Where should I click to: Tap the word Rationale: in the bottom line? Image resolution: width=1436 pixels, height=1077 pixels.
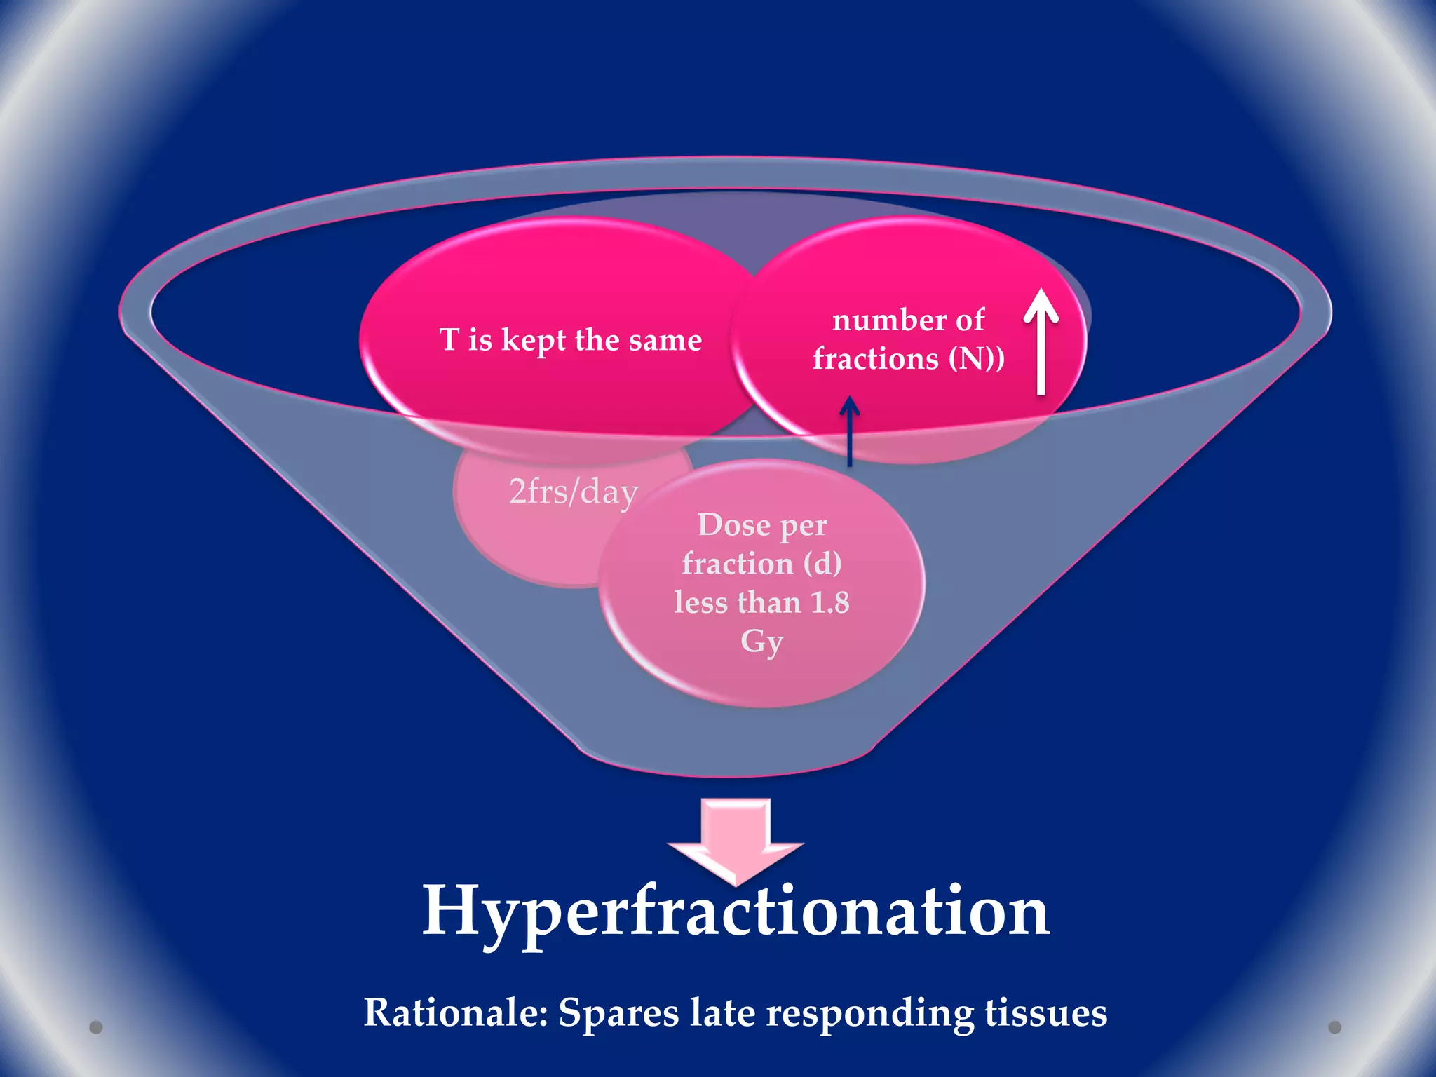pyautogui.click(x=455, y=1013)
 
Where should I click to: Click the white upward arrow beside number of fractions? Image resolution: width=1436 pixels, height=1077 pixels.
pyautogui.click(x=1041, y=340)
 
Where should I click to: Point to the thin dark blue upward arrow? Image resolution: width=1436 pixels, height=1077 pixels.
pyautogui.click(x=850, y=431)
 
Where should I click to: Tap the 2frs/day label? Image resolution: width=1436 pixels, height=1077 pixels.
pyautogui.click(x=574, y=492)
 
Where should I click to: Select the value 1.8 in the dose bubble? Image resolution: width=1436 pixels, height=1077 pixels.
pyautogui.click(x=829, y=603)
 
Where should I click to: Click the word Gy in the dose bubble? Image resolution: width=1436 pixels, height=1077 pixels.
pyautogui.click(x=761, y=641)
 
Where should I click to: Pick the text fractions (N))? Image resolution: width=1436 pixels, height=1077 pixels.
pyautogui.click(x=909, y=359)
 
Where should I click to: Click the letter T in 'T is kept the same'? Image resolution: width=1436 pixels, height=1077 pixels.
pyautogui.click(x=449, y=340)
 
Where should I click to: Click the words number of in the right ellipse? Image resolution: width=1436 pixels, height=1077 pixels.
pyautogui.click(x=908, y=320)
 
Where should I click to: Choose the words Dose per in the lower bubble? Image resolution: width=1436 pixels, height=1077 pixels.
pyautogui.click(x=762, y=525)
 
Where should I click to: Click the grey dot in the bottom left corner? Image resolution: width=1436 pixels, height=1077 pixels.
pyautogui.click(x=96, y=1027)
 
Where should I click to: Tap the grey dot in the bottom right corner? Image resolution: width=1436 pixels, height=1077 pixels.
pyautogui.click(x=1335, y=1027)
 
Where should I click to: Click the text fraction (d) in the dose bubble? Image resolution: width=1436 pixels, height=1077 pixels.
pyautogui.click(x=761, y=564)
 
